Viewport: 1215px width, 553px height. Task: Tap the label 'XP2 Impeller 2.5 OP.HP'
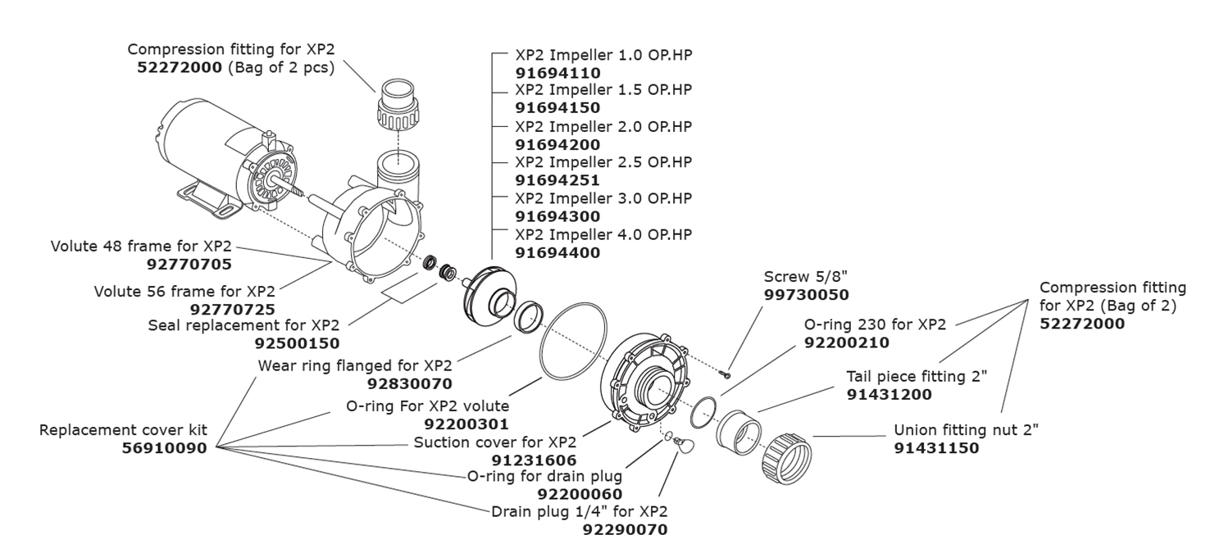tap(603, 162)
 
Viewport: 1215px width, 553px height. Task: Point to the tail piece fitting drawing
tap(739, 431)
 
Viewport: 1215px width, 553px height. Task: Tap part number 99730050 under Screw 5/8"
tap(806, 295)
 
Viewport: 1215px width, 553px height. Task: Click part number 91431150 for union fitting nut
tap(936, 448)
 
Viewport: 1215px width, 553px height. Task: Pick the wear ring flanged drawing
tap(529, 318)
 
